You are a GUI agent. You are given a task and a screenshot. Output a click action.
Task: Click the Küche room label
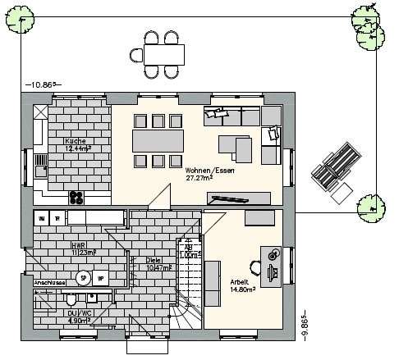[x=75, y=141]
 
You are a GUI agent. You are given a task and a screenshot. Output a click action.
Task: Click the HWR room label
[x=79, y=245]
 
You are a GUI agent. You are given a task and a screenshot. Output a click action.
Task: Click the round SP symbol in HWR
[x=82, y=278]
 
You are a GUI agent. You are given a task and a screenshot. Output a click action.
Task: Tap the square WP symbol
[x=100, y=278]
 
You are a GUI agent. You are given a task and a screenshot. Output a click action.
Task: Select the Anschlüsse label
[x=48, y=281]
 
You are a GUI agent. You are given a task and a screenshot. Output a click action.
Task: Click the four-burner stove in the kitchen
[x=76, y=196]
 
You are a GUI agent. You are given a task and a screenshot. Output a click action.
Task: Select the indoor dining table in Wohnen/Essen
[x=159, y=140]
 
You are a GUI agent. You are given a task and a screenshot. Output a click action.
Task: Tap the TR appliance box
[x=57, y=218]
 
